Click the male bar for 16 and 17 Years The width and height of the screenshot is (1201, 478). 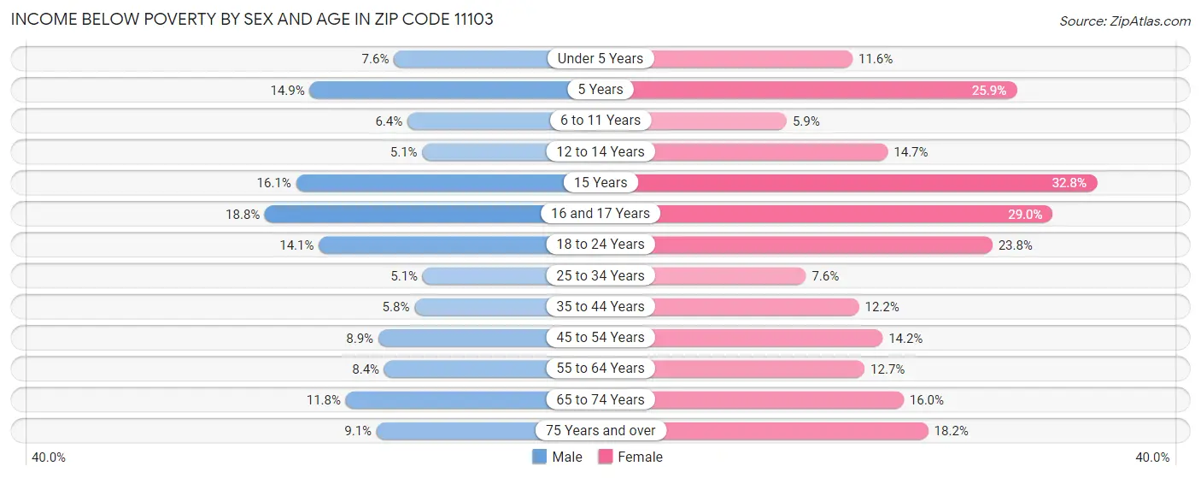pyautogui.click(x=406, y=214)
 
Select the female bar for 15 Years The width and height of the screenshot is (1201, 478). pyautogui.click(x=863, y=182)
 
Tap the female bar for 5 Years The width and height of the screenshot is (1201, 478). pyautogui.click(x=820, y=90)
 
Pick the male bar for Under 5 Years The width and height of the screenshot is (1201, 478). pyautogui.click(x=470, y=59)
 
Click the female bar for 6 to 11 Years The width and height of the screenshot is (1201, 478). pyautogui.click(x=718, y=121)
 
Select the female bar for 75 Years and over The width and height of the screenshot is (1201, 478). pyautogui.click(x=794, y=431)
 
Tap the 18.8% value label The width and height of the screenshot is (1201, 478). pyautogui.click(x=243, y=214)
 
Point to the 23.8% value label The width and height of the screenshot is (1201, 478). pyautogui.click(x=1015, y=245)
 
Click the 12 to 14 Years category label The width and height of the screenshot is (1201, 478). pyautogui.click(x=600, y=151)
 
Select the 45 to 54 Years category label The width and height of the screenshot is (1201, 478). pyautogui.click(x=600, y=338)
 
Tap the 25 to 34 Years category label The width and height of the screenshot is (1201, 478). pyautogui.click(x=600, y=275)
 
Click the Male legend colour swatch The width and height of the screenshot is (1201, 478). pyautogui.click(x=539, y=457)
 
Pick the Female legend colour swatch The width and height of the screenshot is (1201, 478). pyautogui.click(x=605, y=457)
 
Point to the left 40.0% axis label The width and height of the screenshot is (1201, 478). pyautogui.click(x=49, y=457)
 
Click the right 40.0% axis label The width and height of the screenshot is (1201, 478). pyautogui.click(x=1151, y=457)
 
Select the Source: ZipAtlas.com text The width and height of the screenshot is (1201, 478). pyautogui.click(x=1124, y=20)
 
